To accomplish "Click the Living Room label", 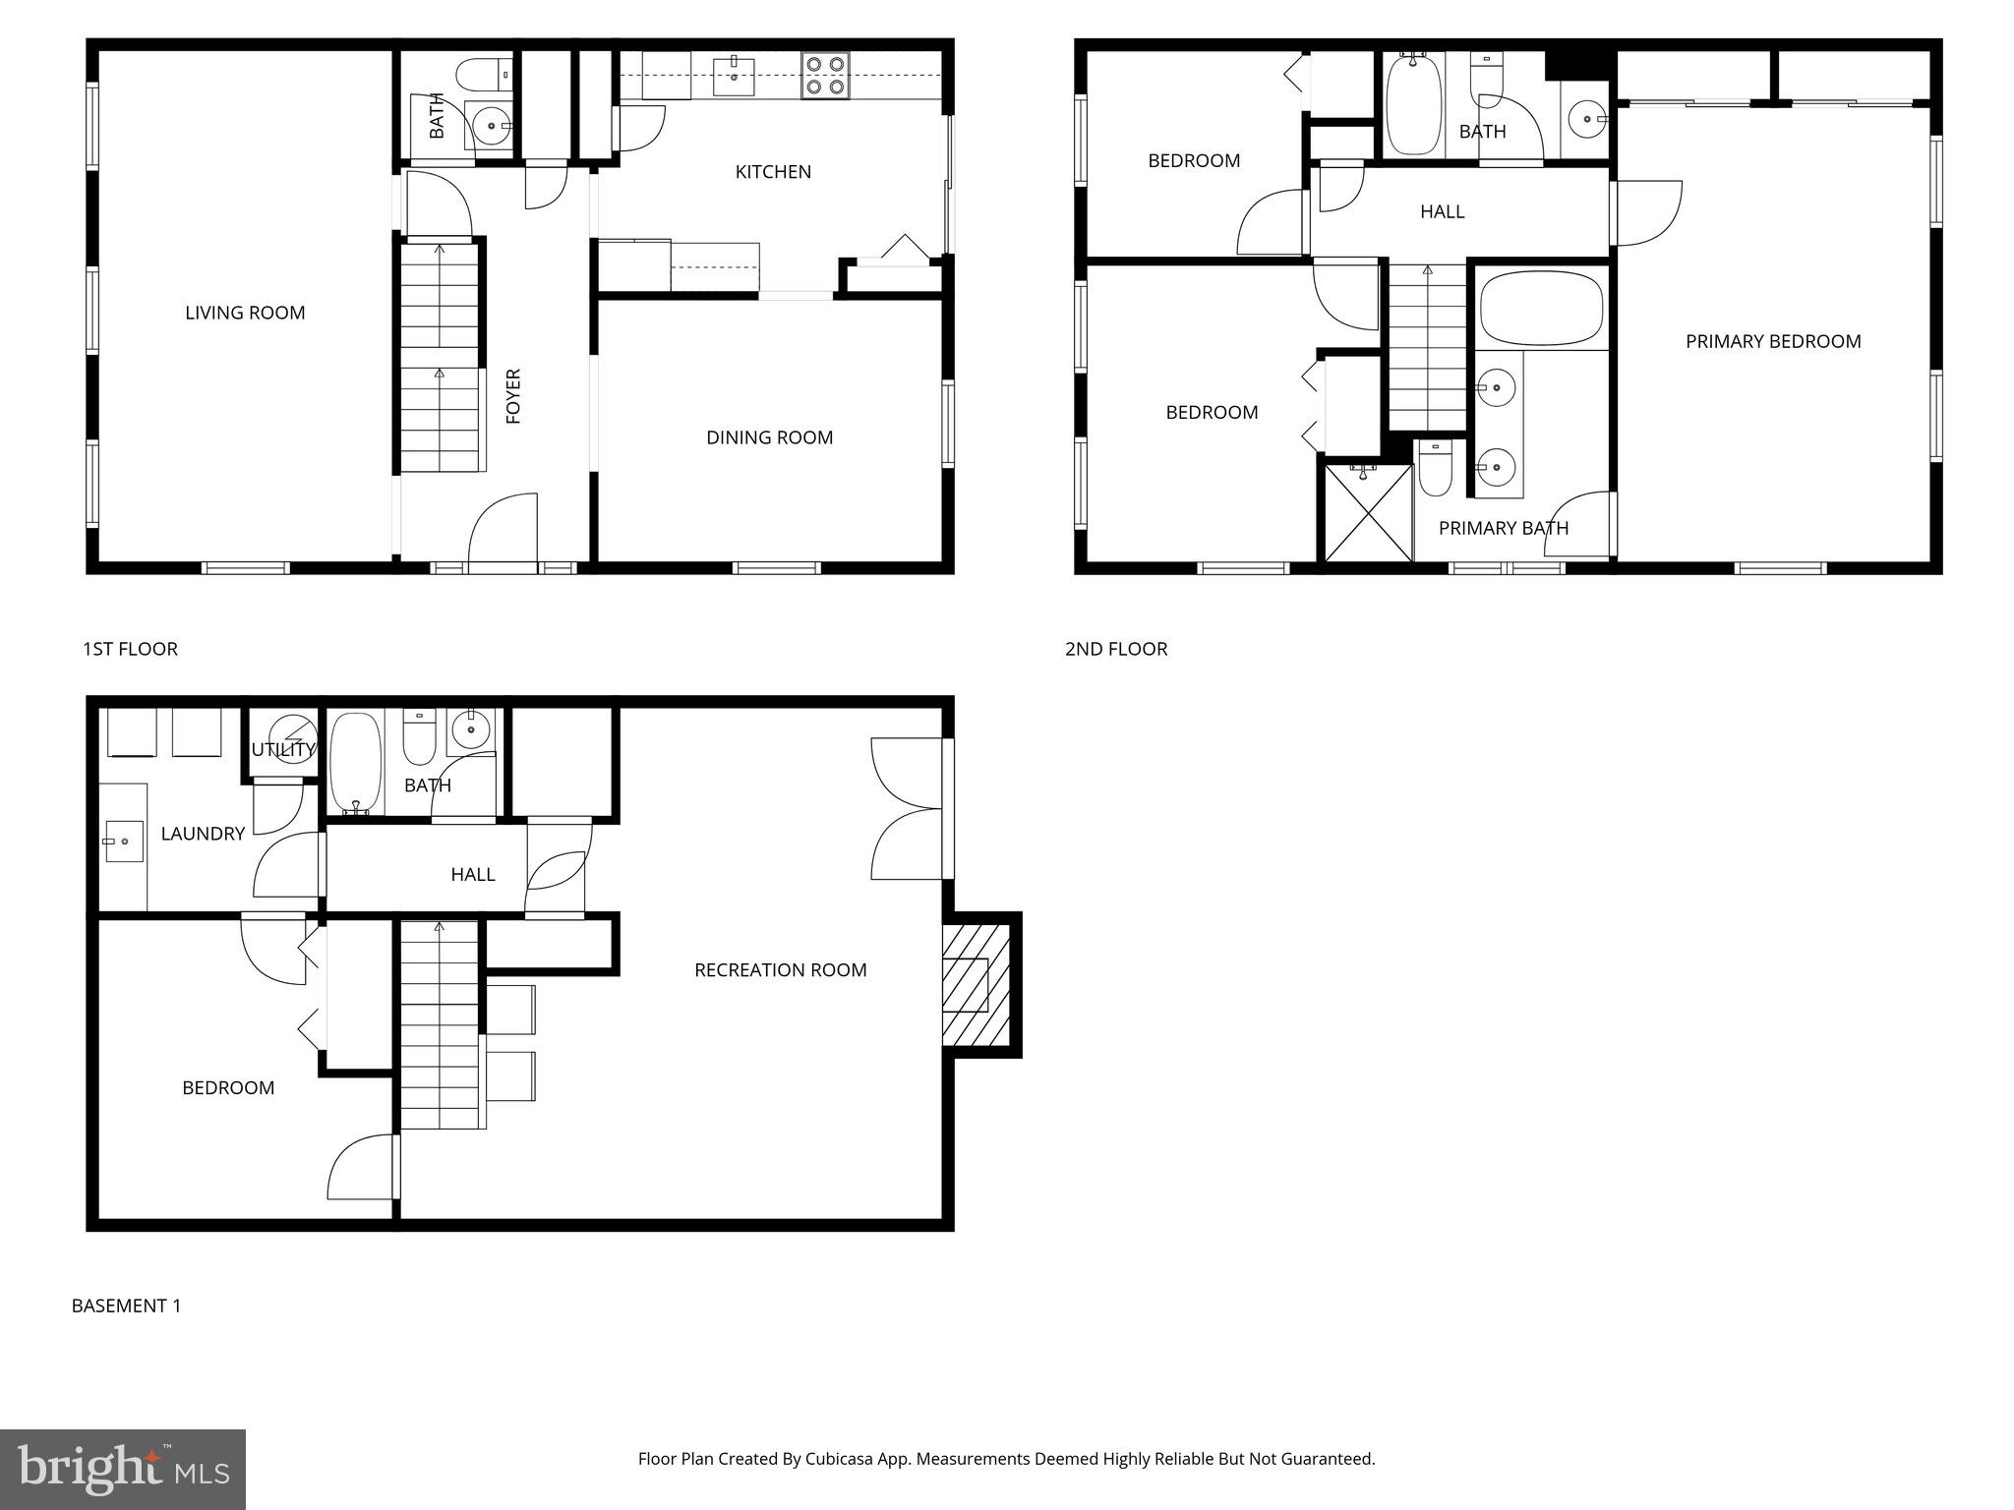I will [245, 313].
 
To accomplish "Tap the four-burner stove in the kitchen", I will [824, 76].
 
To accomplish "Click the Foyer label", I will [513, 396].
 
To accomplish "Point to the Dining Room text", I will [769, 437].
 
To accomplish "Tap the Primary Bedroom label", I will [1772, 341].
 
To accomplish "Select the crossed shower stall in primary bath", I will [1368, 513].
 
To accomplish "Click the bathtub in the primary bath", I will [1541, 309].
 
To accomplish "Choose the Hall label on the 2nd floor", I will [1442, 211].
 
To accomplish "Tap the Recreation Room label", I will [780, 970].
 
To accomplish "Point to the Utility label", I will [282, 749].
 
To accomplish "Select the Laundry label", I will [203, 834].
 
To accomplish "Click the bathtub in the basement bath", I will [354, 763].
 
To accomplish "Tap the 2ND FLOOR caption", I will [1115, 649].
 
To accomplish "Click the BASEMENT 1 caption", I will [126, 1306].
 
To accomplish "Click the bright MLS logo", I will [122, 1470].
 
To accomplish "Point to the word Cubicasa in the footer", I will [842, 1459].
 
